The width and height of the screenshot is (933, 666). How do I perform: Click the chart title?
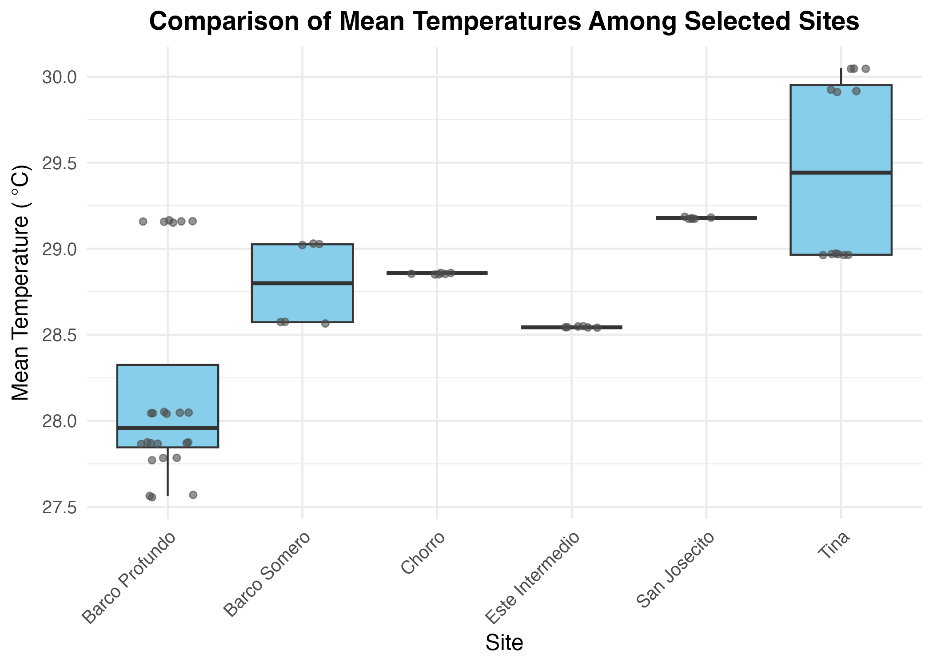coord(504,21)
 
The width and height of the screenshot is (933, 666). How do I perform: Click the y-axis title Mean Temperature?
coord(20,282)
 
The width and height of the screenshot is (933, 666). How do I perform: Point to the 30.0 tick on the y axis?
coord(59,77)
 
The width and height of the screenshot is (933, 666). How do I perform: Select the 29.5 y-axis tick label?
coord(59,163)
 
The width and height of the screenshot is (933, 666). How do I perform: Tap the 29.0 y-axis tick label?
coord(59,250)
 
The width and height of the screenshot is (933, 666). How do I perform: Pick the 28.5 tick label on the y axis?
coord(59,335)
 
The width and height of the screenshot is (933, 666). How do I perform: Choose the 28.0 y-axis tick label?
coord(59,421)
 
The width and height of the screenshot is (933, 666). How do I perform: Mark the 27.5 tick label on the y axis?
coord(59,507)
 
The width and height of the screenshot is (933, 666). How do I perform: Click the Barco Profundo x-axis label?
coord(129,577)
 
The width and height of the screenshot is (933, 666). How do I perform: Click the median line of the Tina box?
coord(841,172)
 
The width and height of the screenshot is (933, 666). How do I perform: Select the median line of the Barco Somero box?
coord(302,283)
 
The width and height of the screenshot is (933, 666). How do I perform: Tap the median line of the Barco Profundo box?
coord(167,428)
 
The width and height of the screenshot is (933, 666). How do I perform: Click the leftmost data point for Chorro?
coord(411,274)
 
